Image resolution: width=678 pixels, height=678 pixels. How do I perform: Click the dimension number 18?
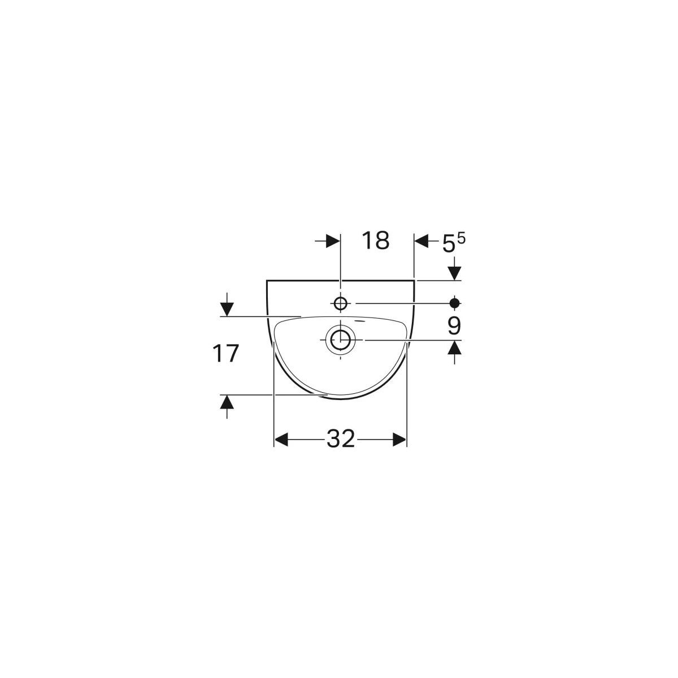click(x=375, y=241)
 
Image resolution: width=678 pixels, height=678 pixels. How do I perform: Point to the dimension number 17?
click(x=225, y=354)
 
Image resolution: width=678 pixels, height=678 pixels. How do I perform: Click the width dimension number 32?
click(x=341, y=439)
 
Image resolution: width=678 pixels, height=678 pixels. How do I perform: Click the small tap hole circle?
click(x=340, y=303)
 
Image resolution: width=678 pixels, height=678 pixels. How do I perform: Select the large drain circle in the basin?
click(x=340, y=340)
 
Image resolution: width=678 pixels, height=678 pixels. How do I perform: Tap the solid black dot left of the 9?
click(x=455, y=303)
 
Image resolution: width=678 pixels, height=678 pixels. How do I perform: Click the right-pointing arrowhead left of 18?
click(x=333, y=241)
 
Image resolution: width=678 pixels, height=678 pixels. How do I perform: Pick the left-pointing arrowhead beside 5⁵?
click(x=421, y=241)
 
